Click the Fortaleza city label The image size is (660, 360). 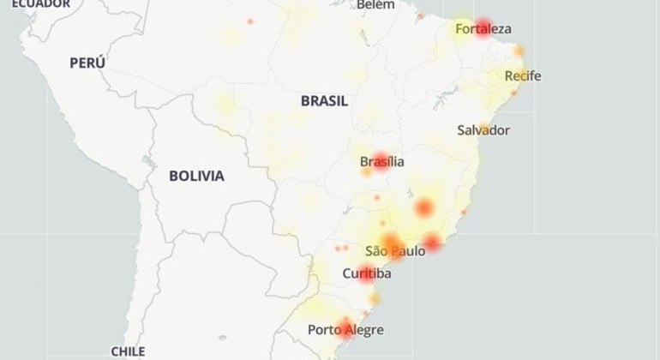(483, 29)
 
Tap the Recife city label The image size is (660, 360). (522, 76)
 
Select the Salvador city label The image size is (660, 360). (483, 130)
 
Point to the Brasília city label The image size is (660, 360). (382, 161)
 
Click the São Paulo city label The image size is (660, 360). (395, 251)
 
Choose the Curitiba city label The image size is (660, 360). (367, 273)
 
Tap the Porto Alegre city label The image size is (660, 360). (345, 330)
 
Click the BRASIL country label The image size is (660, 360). (324, 100)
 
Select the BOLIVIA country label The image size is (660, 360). (196, 176)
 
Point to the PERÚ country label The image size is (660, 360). (87, 63)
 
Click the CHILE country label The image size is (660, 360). (128, 351)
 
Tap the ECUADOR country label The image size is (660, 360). (40, 4)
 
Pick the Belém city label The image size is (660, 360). (375, 5)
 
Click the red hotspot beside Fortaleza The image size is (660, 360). (483, 27)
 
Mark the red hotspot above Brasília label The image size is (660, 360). (381, 160)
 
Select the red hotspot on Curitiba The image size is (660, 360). (367, 274)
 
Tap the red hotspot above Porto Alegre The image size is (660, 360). (345, 325)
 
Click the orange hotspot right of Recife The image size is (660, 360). (519, 51)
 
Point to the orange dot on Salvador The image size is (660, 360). (483, 129)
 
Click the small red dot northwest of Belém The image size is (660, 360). (250, 21)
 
